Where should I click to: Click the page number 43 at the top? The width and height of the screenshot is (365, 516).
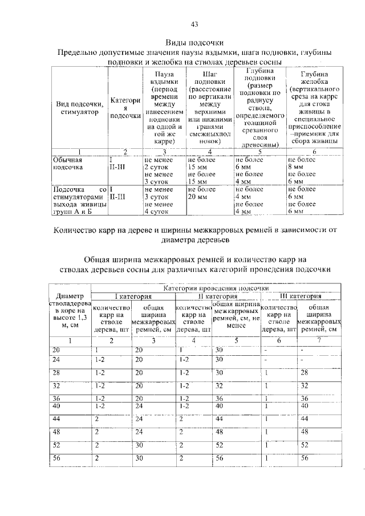pyautogui.click(x=194, y=24)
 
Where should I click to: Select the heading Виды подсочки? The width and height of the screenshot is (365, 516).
pyautogui.click(x=194, y=43)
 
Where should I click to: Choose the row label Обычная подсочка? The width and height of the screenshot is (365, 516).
pyautogui.click(x=68, y=164)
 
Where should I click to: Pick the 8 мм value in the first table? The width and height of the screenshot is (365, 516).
pyautogui.click(x=296, y=168)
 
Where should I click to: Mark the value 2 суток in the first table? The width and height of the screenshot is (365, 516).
pyautogui.click(x=155, y=168)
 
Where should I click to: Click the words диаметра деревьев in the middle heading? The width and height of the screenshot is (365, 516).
pyautogui.click(x=194, y=239)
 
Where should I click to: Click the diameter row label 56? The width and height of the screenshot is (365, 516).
pyautogui.click(x=56, y=458)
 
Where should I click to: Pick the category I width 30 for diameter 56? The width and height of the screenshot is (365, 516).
pyautogui.click(x=139, y=458)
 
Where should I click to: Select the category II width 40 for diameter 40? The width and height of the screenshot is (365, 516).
pyautogui.click(x=220, y=406)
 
